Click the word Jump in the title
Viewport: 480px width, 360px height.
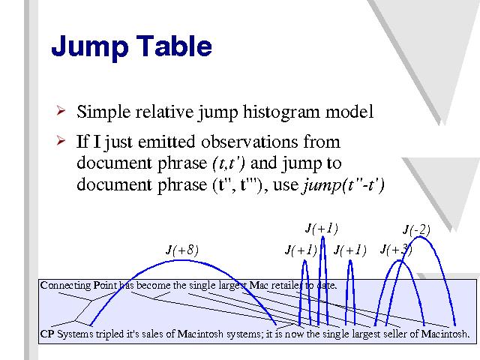click(90, 46)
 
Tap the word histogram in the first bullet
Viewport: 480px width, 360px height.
click(282, 112)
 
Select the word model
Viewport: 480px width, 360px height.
click(349, 112)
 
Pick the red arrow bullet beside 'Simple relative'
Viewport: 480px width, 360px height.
click(61, 110)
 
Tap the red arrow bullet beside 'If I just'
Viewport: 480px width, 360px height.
click(61, 140)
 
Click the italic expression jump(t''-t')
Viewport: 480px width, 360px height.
click(343, 185)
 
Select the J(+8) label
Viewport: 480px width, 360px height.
click(182, 250)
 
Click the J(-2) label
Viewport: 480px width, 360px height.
click(417, 229)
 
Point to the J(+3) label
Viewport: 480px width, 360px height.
click(396, 250)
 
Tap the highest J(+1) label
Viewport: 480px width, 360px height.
click(322, 228)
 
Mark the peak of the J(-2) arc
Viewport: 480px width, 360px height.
click(420, 237)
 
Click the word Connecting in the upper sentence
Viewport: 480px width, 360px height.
click(65, 285)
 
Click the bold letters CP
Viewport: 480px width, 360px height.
click(47, 333)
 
